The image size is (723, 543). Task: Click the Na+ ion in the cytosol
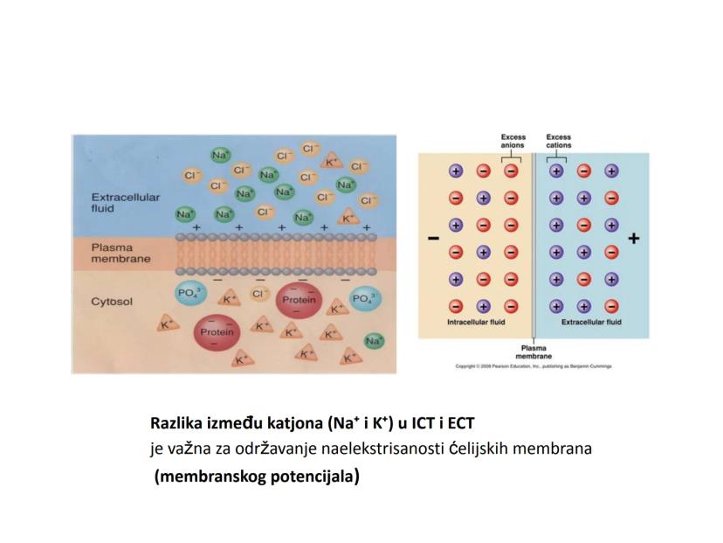point(375,340)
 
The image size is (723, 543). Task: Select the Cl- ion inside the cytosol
point(259,295)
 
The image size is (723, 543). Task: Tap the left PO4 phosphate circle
point(189,295)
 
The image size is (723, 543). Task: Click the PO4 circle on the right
point(364,299)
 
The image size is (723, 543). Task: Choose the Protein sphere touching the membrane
point(299,300)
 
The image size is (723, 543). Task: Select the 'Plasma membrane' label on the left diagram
point(120,253)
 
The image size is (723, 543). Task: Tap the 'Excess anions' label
point(513,142)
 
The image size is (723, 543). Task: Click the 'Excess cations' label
point(558,142)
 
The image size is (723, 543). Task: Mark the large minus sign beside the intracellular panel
point(432,238)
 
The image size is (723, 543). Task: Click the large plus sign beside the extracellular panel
point(633,238)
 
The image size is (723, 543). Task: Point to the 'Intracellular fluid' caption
point(476,322)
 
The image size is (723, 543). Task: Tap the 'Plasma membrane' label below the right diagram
point(534,352)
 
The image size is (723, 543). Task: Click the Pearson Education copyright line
point(534,366)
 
